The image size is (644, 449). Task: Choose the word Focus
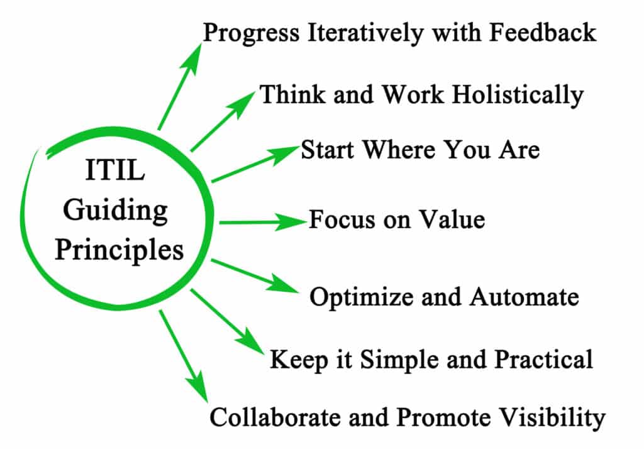[x=338, y=219]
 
